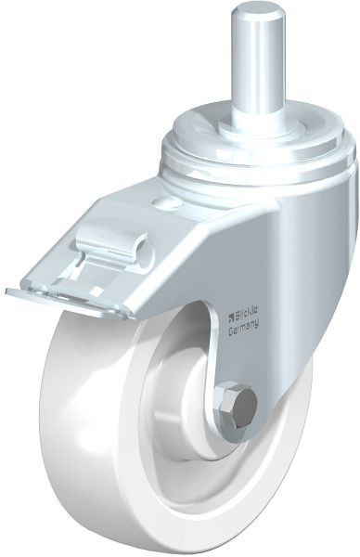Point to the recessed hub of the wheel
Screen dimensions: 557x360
(205, 408)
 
